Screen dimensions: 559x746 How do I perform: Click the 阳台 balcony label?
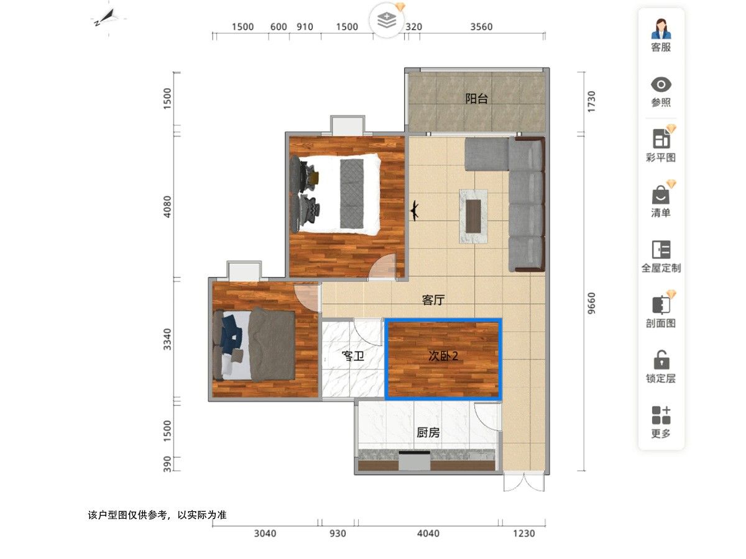pos(477,99)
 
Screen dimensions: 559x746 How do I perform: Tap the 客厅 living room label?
pos(433,300)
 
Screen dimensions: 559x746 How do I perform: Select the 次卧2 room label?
pos(443,356)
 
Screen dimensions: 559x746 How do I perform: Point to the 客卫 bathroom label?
pos(352,357)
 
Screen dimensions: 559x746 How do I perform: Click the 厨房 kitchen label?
pos(428,432)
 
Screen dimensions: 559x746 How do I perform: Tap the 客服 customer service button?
pos(661,35)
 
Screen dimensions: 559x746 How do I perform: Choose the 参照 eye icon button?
pos(661,91)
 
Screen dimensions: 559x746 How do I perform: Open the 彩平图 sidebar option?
pos(661,145)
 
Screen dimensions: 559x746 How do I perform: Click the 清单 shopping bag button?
pos(661,201)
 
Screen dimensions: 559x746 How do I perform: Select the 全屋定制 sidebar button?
pos(661,256)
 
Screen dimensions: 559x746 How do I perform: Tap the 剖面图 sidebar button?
pos(661,311)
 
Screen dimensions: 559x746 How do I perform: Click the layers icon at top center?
pos(387,20)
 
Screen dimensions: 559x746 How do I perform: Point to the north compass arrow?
pos(106,17)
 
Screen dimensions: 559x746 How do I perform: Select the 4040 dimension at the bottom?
pos(428,534)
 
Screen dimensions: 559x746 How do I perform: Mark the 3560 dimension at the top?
pos(481,27)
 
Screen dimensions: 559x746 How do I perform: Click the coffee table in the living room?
pos(474,216)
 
